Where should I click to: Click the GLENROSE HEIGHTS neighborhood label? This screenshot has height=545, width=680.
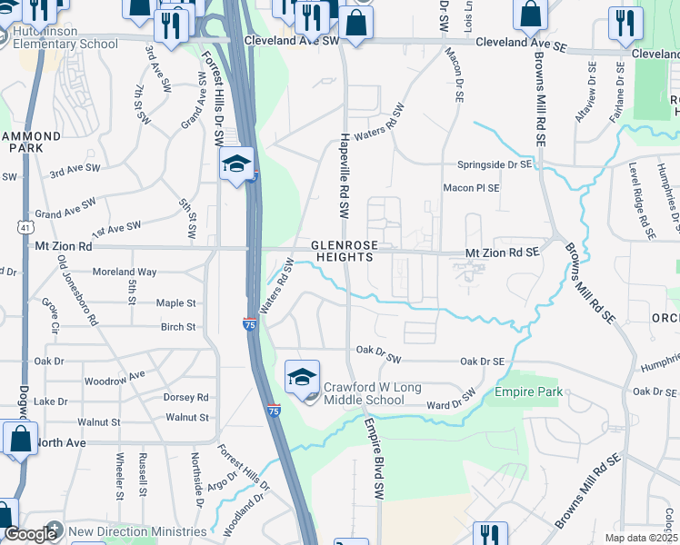pos(342,252)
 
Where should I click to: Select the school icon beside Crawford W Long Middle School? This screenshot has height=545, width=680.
pos(303,379)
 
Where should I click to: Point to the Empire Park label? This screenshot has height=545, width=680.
pos(529,392)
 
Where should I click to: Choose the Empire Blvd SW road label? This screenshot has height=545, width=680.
pos(373,457)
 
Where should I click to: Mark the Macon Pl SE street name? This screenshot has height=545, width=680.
pos(471,188)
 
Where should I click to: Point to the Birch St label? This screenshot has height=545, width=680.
pos(178,327)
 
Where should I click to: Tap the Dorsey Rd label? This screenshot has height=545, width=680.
pos(185,397)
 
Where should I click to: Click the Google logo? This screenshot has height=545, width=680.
pos(30,534)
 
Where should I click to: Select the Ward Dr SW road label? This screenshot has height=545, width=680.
pos(452,399)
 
